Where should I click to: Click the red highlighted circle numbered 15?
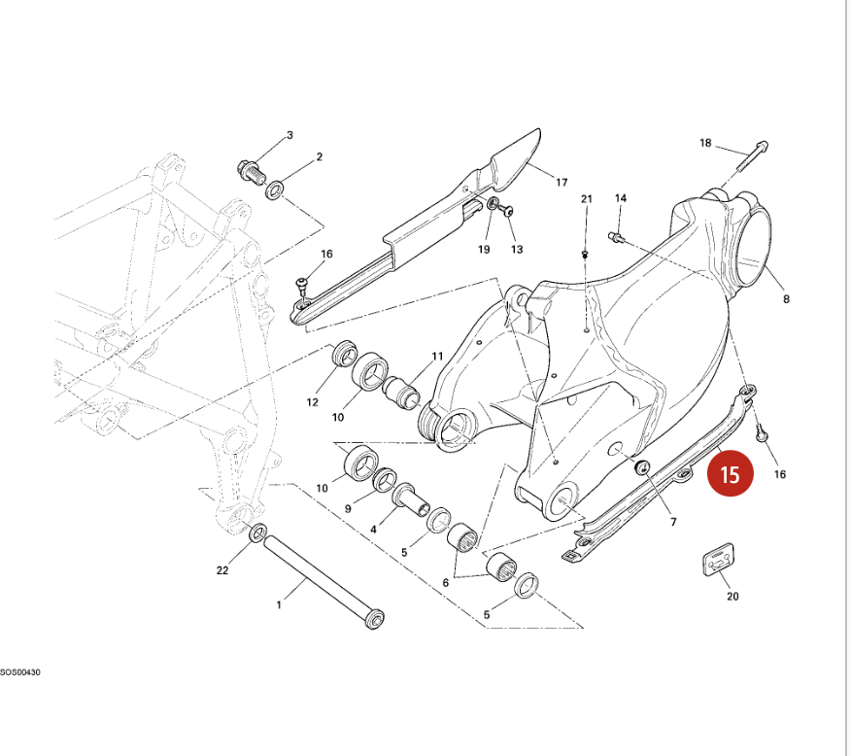730,473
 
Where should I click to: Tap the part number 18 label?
706,144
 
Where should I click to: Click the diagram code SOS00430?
20,671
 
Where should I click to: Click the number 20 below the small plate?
732,597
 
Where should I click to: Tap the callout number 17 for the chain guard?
562,182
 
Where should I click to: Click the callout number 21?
586,199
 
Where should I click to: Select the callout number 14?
621,199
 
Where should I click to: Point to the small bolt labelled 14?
614,235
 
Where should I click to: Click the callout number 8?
786,299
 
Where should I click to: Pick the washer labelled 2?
275,188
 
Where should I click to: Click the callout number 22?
222,570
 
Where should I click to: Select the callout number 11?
437,356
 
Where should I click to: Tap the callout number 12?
312,401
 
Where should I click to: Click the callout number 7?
672,523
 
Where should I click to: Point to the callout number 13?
517,250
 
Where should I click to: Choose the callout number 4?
372,530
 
